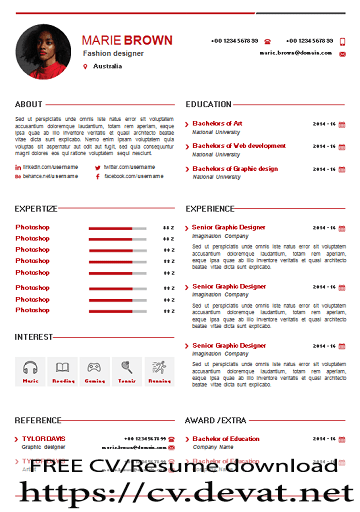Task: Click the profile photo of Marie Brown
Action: pyautogui.click(x=44, y=52)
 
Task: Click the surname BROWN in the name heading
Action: pyautogui.click(x=148, y=40)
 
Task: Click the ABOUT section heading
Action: pyautogui.click(x=29, y=104)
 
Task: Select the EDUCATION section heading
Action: pyautogui.click(x=208, y=104)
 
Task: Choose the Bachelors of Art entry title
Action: pyautogui.click(x=217, y=123)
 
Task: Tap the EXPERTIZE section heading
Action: pyautogui.click(x=35, y=209)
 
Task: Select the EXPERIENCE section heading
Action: pyautogui.click(x=210, y=209)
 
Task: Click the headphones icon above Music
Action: pyautogui.click(x=31, y=368)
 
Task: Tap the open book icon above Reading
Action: pyautogui.click(x=63, y=368)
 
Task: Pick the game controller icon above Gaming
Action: pyautogui.click(x=95, y=368)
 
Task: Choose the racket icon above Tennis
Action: pyautogui.click(x=127, y=368)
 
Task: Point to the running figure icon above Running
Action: pyautogui.click(x=159, y=368)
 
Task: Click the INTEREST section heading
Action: pyautogui.click(x=34, y=337)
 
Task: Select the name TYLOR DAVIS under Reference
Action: pyautogui.click(x=45, y=439)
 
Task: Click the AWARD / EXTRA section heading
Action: pyautogui.click(x=216, y=421)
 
